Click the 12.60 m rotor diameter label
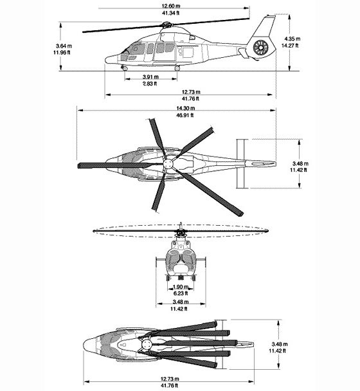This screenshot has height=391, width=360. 171,6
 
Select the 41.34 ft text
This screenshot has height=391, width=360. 171,13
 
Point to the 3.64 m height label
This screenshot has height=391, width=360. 64,46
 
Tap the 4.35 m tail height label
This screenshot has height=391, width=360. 292,39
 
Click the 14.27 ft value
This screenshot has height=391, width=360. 290,46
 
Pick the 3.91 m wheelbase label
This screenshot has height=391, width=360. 150,77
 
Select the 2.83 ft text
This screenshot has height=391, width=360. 150,84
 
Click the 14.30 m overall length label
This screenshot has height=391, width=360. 186,108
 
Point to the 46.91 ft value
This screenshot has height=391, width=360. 185,115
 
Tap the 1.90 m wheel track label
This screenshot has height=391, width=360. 181,287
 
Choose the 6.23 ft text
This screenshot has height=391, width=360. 181,293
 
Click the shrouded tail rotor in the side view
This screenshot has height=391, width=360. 261,48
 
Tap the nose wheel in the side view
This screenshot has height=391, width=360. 124,68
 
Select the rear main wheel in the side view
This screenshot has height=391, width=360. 177,68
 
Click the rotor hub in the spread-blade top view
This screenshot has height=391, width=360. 168,164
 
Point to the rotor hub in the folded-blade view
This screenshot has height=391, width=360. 147,345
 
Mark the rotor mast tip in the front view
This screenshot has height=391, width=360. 181,223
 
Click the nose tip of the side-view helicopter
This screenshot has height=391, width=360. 105,60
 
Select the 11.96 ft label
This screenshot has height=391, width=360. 62,53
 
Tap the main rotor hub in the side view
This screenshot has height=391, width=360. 166,24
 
